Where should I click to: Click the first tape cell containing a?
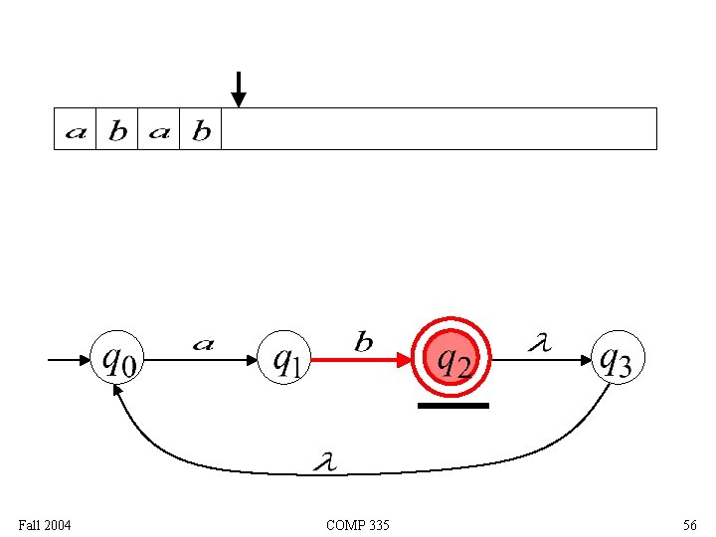coord(76,130)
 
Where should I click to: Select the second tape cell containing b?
coord(117,130)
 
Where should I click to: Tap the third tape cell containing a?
coord(159,130)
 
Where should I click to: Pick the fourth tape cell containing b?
coord(201,130)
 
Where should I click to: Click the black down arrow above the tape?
coord(238,89)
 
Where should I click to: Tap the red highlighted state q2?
coord(452,357)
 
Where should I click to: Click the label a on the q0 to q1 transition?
coord(202,344)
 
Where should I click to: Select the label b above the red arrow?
coord(365,343)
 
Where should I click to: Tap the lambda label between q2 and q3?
coord(538,343)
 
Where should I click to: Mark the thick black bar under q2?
coord(452,406)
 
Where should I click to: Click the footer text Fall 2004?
coord(45,524)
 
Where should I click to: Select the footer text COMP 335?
coord(357,524)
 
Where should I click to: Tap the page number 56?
coord(689,524)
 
